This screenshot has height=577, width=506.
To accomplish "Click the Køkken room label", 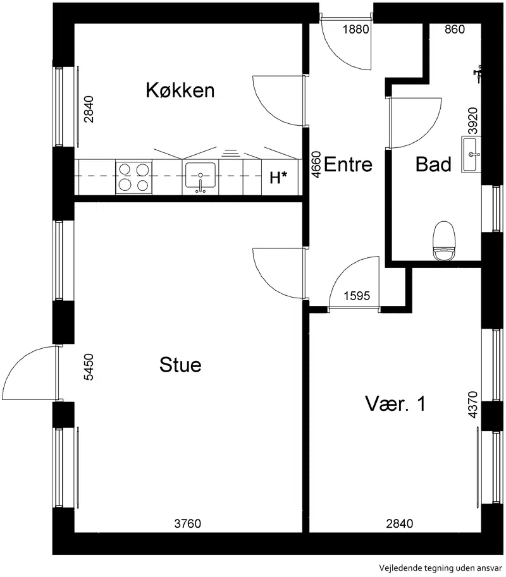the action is (180, 90).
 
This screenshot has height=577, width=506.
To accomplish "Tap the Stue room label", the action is (180, 365).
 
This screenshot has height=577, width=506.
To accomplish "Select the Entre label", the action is (348, 164).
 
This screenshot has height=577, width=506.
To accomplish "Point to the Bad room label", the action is (433, 164).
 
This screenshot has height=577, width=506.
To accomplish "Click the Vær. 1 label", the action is (395, 403).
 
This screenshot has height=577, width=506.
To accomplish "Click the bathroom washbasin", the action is (471, 154).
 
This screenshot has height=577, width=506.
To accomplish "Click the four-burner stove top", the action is (133, 176).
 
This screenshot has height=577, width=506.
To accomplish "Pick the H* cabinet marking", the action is (278, 178).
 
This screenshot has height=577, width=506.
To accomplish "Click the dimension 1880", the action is (355, 29).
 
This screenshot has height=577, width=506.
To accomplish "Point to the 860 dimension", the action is (454, 29).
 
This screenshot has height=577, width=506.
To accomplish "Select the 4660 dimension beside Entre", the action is (316, 164).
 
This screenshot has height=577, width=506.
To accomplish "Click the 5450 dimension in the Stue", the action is (89, 367).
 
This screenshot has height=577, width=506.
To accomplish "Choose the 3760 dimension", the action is (187, 523).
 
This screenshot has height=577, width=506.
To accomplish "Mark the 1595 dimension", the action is (357, 296).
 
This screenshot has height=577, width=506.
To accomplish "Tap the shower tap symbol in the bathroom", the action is (478, 73).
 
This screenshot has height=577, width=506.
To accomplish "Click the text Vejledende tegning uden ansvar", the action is (440, 568).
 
